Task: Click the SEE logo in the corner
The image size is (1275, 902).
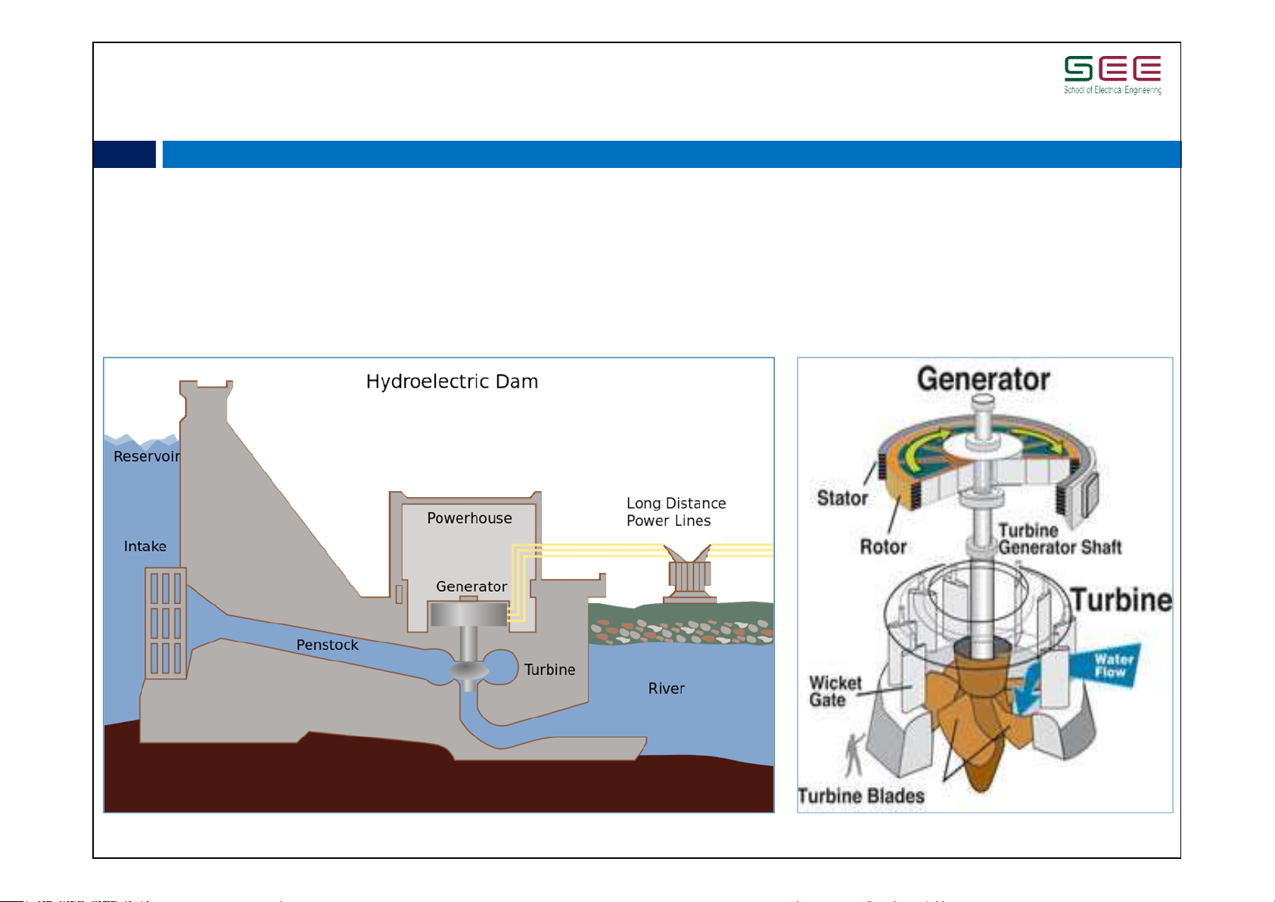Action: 1112,74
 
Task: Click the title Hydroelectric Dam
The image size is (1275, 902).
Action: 452,381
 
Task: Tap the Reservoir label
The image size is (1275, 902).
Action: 146,456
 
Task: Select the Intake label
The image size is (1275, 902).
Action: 145,546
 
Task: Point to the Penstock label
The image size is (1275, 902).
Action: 327,645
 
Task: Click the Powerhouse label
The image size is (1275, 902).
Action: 469,518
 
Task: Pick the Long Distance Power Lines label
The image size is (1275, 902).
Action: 675,512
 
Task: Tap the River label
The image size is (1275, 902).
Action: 666,689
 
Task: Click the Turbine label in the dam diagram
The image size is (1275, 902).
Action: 549,670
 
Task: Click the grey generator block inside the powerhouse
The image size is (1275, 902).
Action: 468,614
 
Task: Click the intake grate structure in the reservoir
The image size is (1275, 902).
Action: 166,623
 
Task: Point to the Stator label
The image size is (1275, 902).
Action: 842,498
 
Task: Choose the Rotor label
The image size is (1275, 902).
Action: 883,546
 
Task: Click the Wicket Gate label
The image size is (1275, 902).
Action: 835,692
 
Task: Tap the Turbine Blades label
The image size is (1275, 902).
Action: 860,796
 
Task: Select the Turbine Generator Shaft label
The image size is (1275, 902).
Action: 1059,539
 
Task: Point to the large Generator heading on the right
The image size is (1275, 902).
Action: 983,379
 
